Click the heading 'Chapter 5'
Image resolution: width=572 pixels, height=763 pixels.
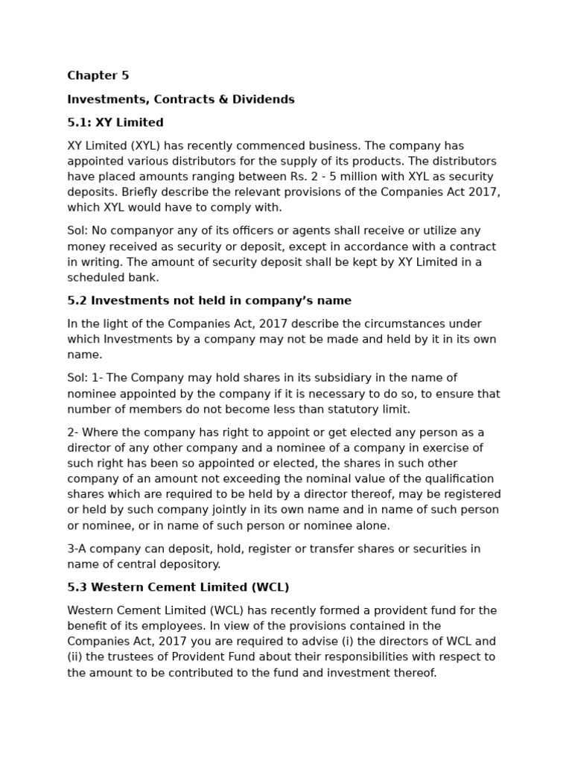[x=98, y=75]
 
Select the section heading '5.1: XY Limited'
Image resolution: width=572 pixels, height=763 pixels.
[x=115, y=122]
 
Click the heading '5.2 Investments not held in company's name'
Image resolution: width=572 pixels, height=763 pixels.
[x=209, y=301]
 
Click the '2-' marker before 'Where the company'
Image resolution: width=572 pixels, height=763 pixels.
[x=74, y=432]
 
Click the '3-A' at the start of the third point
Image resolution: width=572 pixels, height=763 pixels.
[x=78, y=548]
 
